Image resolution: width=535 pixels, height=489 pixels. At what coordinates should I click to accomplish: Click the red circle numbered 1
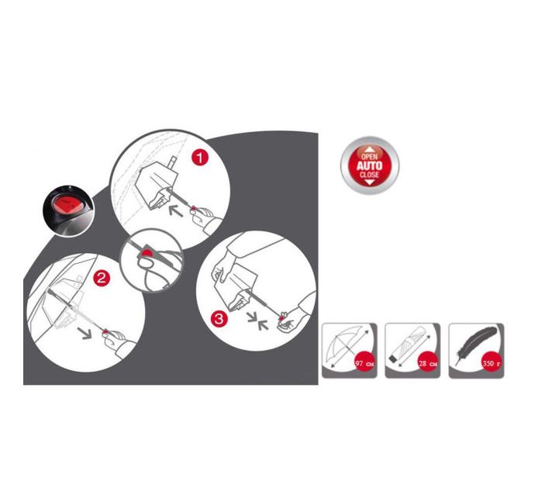point(200,158)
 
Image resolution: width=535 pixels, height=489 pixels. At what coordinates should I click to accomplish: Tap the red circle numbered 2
point(102,279)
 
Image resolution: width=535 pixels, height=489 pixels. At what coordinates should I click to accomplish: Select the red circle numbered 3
point(219,318)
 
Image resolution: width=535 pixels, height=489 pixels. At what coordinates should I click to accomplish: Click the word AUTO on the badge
point(370,166)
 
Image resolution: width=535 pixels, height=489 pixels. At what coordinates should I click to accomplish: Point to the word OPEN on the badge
point(370,156)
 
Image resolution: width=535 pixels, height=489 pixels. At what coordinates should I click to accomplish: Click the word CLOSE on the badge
point(370,175)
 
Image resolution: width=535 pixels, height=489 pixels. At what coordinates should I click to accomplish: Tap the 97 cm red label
point(364,363)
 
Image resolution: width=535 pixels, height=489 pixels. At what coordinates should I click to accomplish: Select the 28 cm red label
point(428,363)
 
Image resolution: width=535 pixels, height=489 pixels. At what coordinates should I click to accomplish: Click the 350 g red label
point(492,363)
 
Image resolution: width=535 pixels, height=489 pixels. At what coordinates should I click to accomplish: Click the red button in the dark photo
point(67,205)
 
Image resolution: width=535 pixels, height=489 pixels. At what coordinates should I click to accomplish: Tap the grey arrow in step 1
point(176,210)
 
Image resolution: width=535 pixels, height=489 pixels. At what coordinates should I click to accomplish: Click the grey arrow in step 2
point(85,332)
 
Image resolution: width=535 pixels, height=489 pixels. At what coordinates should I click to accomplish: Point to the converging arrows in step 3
point(258,321)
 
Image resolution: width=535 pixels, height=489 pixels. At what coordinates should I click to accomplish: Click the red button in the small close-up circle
point(148,253)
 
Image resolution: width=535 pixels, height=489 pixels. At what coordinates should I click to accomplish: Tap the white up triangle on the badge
point(370,149)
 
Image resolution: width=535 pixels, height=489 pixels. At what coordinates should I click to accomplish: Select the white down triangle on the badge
point(370,182)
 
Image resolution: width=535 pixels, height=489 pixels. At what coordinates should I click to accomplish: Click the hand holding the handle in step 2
point(114,340)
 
